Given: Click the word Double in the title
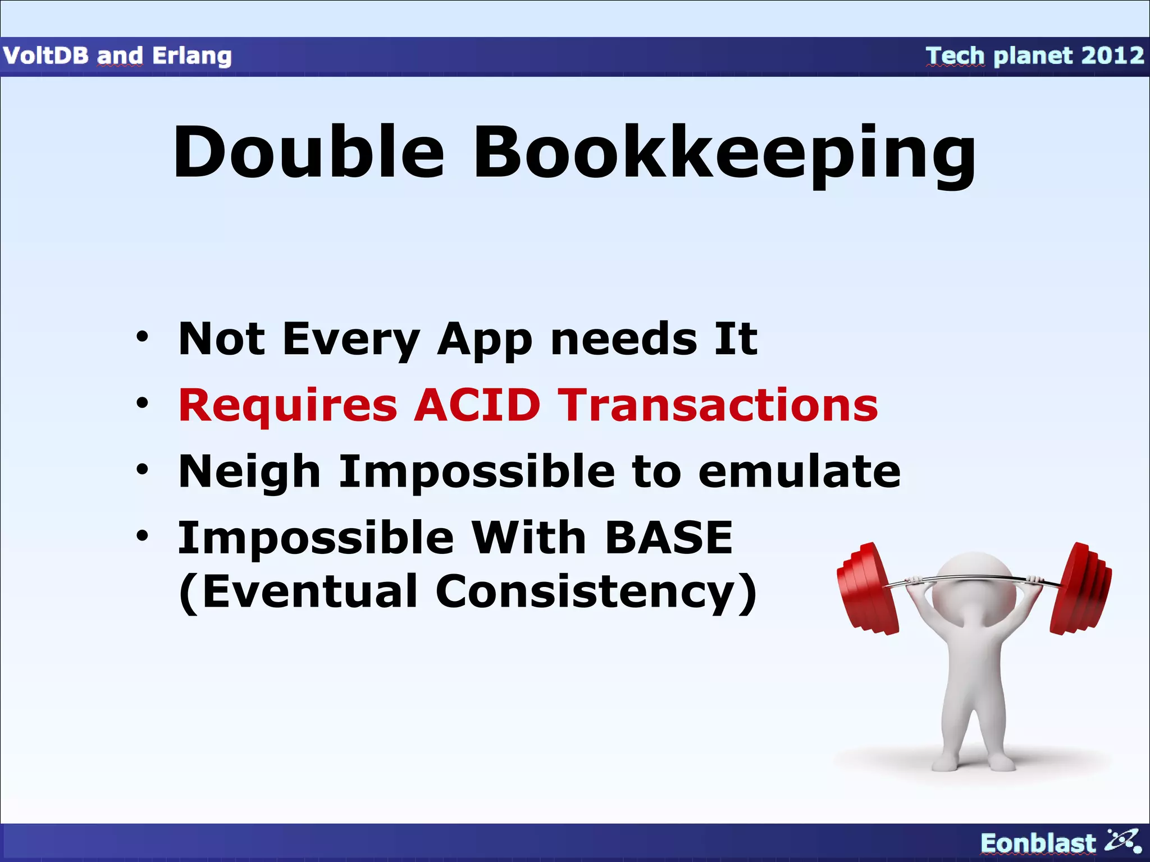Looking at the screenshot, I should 308,152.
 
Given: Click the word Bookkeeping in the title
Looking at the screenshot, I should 724,154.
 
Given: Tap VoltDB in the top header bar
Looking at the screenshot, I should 45,56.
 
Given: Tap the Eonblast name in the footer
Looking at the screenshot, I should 1038,843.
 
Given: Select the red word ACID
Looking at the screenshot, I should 477,405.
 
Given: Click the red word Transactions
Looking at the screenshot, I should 720,405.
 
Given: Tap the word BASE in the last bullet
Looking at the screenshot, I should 669,537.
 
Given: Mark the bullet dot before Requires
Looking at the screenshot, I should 143,403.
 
